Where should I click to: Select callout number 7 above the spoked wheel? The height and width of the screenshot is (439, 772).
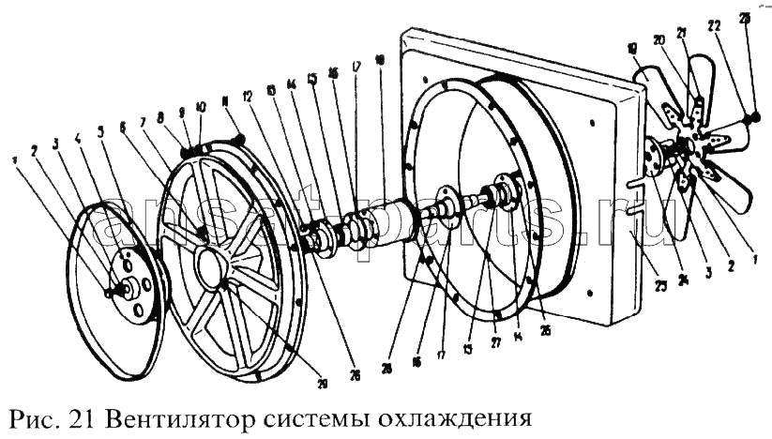click(143, 122)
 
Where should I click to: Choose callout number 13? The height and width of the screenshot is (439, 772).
click(271, 89)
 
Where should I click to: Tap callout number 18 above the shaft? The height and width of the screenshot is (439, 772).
click(379, 58)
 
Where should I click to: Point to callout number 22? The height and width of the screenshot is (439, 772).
click(716, 27)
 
